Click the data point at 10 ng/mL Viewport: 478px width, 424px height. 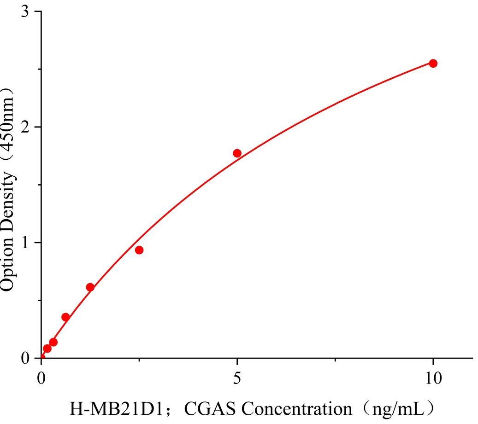coord(433,63)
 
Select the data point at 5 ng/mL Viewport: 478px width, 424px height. coord(237,153)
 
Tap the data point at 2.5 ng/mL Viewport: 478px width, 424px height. coord(139,250)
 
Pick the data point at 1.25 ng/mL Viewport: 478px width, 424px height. coord(90,287)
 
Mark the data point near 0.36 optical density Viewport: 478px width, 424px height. coord(65,317)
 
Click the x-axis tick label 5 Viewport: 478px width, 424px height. coord(237,378)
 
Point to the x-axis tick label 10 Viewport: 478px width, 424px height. coord(433,378)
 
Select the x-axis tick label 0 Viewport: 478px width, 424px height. coord(41,378)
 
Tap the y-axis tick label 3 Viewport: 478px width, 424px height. coord(25,12)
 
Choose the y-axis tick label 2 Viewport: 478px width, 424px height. coord(25,127)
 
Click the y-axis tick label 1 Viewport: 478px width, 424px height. coord(25,243)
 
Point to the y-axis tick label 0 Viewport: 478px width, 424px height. coord(25,358)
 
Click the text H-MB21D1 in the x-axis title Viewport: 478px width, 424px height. coord(117,408)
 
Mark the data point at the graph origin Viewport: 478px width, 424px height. coord(41,358)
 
